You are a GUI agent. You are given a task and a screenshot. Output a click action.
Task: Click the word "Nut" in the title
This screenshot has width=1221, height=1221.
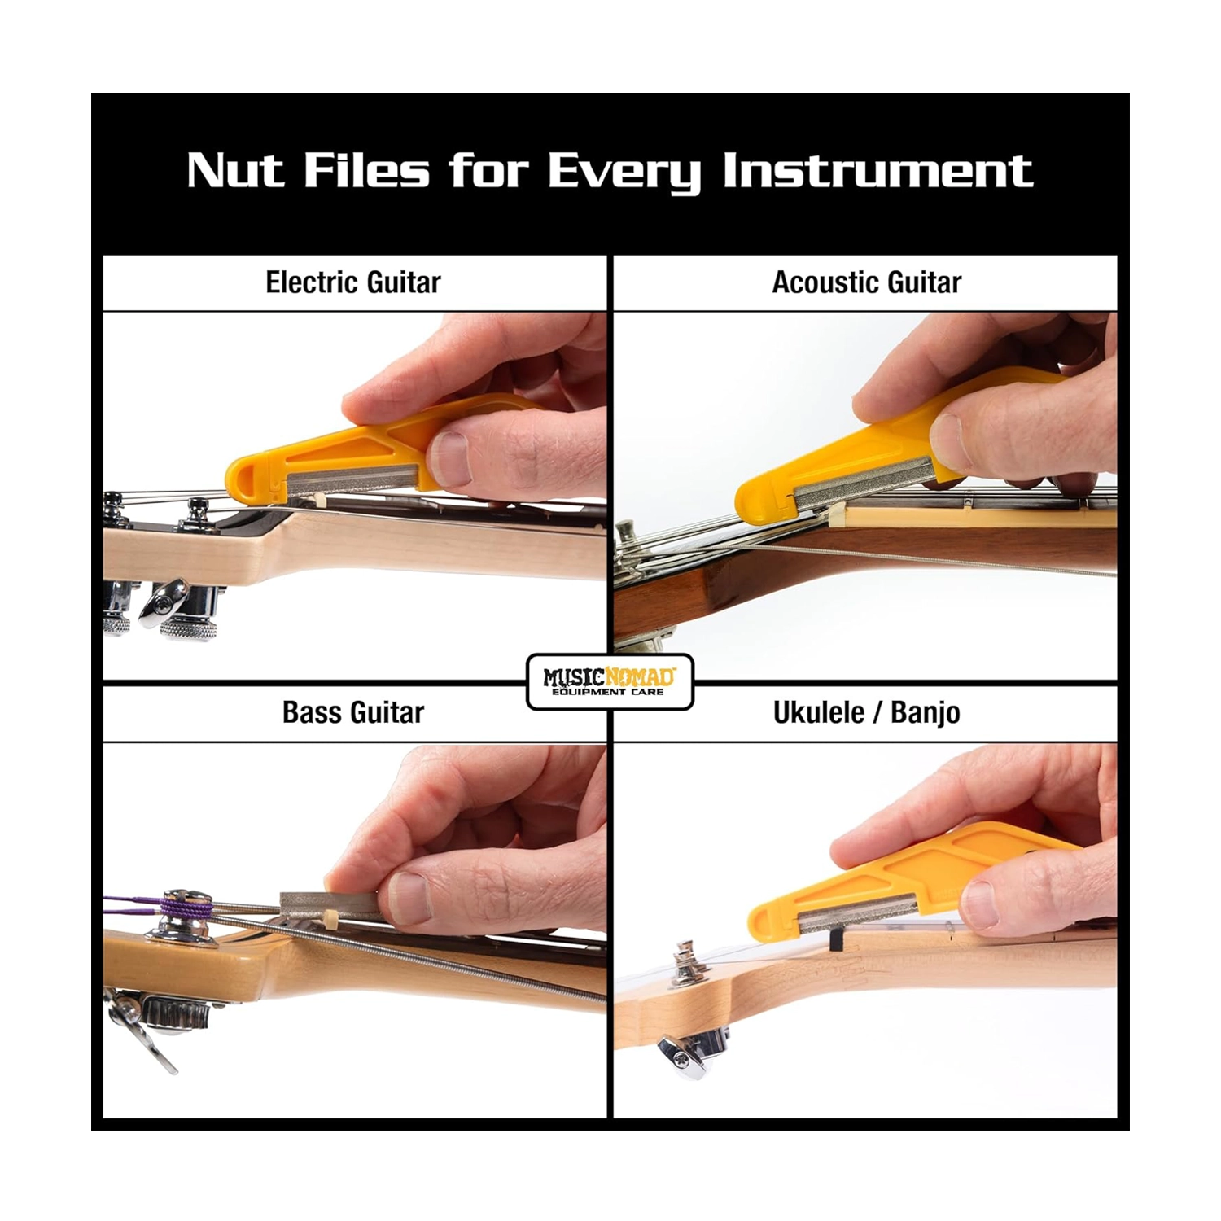tap(235, 171)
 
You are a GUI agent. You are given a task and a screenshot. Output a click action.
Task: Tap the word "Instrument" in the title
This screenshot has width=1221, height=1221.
tap(877, 171)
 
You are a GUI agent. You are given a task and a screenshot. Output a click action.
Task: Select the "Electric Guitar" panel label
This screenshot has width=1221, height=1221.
tap(353, 282)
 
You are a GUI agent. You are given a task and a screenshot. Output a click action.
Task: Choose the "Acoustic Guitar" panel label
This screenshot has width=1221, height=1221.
tap(866, 282)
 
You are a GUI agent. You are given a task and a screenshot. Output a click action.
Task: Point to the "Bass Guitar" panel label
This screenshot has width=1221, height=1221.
tap(353, 712)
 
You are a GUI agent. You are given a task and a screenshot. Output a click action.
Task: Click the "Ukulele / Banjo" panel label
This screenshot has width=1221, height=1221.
tap(866, 712)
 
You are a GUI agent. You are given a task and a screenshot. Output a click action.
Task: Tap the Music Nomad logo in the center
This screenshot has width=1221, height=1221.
tap(610, 682)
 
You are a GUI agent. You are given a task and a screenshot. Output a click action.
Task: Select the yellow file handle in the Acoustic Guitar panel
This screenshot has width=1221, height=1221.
tap(879, 456)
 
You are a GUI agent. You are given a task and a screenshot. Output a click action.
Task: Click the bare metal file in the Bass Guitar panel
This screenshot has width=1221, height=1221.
tap(330, 905)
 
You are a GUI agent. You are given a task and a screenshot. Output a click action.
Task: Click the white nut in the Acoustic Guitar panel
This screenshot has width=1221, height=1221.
tap(836, 515)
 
